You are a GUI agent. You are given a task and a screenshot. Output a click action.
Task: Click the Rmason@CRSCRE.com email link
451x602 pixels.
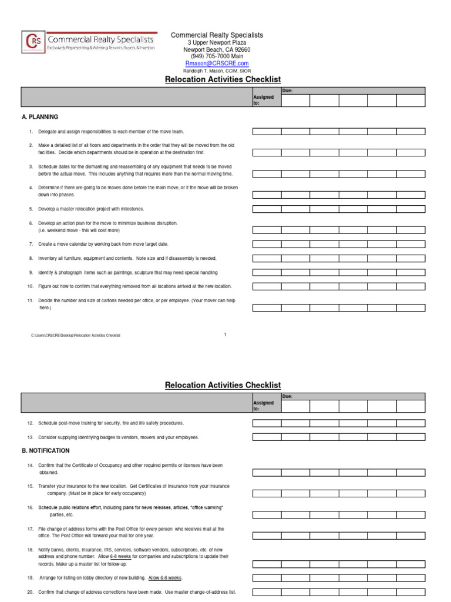click(217, 63)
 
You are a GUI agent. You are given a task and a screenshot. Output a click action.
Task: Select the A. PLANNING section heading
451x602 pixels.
click(39, 117)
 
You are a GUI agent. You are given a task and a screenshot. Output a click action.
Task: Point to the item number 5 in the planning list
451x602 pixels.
click(31, 209)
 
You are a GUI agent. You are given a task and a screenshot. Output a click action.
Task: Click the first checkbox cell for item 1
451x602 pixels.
click(267, 132)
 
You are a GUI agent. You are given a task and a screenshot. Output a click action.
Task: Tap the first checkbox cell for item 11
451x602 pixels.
click(267, 307)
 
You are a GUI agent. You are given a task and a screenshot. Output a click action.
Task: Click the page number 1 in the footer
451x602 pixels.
click(225, 335)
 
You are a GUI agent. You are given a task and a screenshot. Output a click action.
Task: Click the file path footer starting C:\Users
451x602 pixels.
click(75, 335)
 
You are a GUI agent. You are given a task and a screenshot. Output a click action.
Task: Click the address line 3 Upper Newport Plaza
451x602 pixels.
click(217, 43)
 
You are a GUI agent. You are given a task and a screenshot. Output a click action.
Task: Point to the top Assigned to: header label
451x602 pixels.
click(263, 100)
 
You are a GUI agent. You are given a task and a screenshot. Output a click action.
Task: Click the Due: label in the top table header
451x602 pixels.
click(287, 91)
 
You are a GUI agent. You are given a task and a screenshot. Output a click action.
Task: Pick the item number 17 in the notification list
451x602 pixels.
click(30, 529)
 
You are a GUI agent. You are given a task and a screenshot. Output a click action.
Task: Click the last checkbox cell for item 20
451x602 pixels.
click(410, 592)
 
